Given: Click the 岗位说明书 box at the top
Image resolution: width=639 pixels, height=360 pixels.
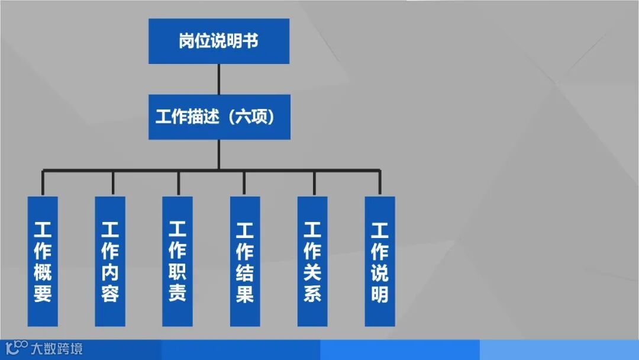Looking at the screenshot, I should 218,41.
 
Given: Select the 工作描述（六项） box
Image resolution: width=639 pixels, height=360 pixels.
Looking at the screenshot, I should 219,117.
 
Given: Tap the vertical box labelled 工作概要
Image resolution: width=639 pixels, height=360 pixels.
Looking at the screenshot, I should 43,261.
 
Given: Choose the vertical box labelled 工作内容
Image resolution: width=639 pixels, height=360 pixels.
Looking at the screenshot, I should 110,261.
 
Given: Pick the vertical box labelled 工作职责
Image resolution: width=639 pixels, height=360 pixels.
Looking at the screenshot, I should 177,261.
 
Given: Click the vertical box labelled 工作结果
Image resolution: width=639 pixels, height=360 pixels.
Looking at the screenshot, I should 245,261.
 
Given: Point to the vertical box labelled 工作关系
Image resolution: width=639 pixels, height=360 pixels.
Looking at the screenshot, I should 312,261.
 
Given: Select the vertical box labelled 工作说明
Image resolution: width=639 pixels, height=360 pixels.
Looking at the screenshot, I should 380,261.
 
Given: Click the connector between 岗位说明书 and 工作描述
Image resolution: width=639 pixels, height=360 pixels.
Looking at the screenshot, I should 219,79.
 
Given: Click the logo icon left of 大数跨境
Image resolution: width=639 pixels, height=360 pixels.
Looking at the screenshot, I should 16,348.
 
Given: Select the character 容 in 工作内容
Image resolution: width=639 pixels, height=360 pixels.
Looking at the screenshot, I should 110,293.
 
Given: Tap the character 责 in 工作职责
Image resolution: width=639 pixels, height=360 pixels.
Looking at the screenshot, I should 177,292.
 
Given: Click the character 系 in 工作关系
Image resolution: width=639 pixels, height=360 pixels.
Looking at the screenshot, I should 312,293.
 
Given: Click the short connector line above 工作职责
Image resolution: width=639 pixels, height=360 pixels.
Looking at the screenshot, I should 177,183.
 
